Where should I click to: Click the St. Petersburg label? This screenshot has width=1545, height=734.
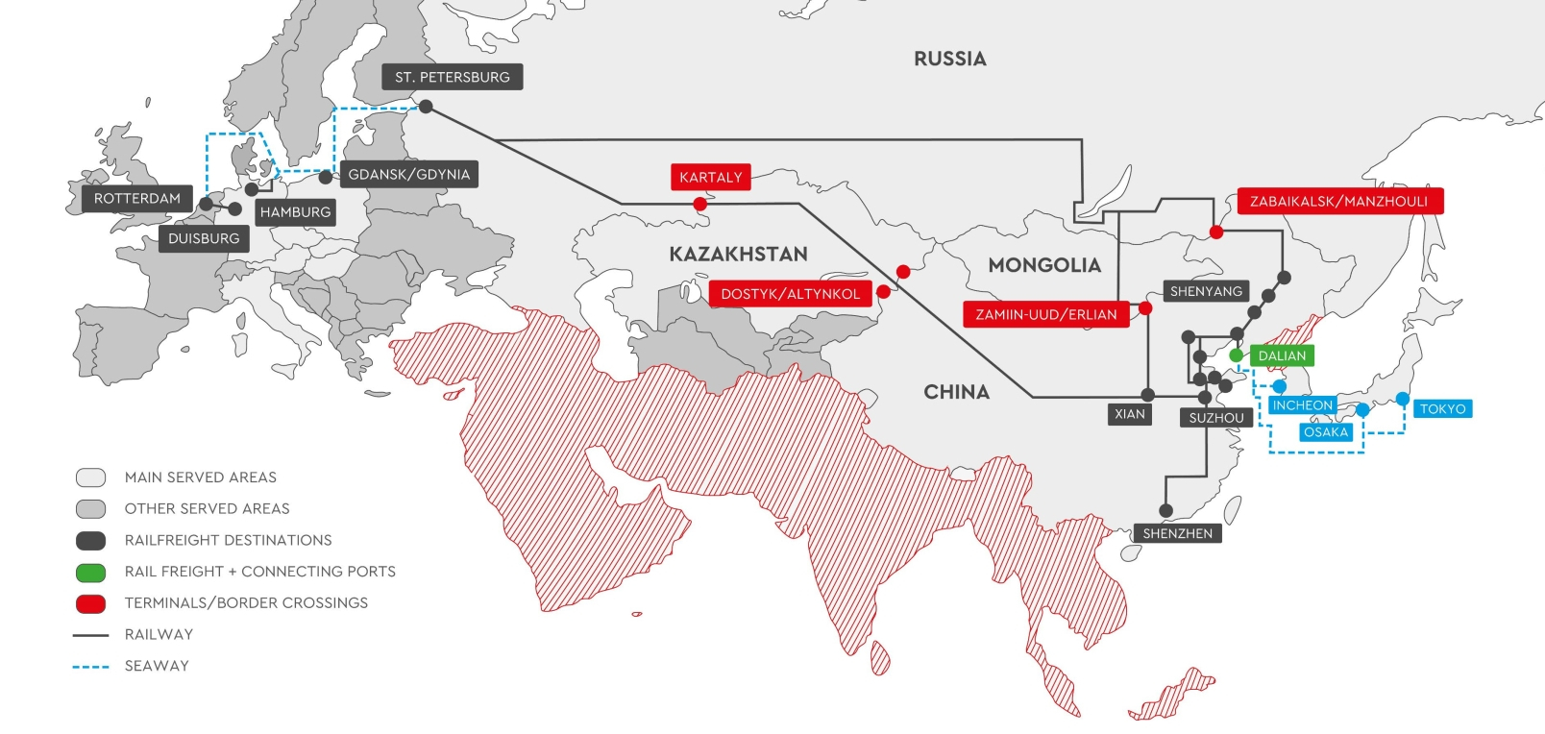[452, 77]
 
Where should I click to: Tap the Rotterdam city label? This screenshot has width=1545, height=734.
[136, 199]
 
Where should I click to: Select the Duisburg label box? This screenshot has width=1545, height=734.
[204, 238]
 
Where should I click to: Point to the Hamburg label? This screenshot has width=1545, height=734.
[295, 212]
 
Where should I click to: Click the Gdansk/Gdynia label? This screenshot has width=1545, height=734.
[409, 175]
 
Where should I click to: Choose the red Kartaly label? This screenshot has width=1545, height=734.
[710, 177]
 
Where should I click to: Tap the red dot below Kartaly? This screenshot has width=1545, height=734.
[699, 204]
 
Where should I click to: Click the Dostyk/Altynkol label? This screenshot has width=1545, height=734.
[790, 294]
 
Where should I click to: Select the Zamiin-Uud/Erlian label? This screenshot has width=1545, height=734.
[1045, 314]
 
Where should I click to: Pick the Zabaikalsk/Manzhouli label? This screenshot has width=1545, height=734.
[1338, 201]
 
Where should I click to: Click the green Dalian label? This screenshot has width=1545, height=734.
[1282, 355]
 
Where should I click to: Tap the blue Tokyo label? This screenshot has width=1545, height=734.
[1442, 409]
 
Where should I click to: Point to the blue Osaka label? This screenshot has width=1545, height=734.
[1326, 432]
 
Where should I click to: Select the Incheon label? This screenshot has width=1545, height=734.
[1302, 405]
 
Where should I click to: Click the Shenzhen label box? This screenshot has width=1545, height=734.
[1177, 533]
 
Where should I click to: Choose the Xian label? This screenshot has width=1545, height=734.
[1129, 414]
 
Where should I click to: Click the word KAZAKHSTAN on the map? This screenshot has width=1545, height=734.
[738, 255]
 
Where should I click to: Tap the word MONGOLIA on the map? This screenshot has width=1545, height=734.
[1044, 265]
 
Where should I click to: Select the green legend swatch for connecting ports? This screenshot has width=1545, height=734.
[90, 573]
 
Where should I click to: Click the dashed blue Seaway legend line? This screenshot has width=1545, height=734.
[90, 666]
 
